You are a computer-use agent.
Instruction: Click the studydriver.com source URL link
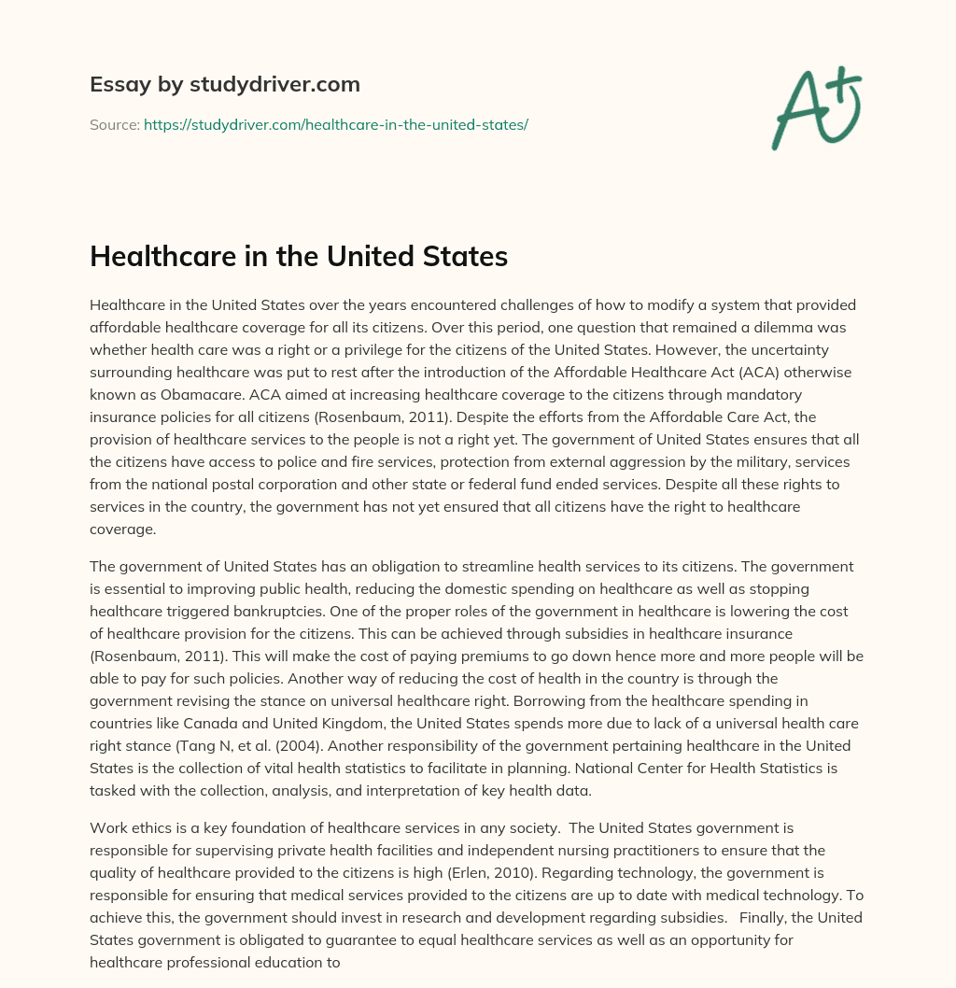[336, 124]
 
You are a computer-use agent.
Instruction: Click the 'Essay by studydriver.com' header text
[225, 84]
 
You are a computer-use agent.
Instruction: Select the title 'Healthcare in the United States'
[299, 256]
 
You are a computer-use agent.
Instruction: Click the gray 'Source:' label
[114, 124]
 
